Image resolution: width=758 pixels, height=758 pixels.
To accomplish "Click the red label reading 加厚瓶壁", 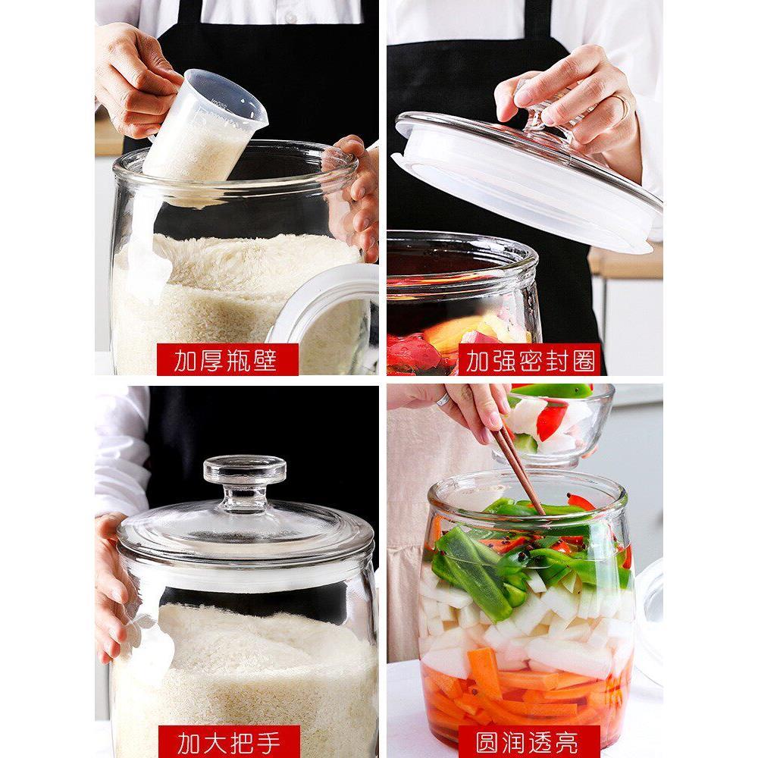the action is pyautogui.click(x=227, y=359).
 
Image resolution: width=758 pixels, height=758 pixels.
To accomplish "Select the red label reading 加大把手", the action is pyautogui.click(x=229, y=741).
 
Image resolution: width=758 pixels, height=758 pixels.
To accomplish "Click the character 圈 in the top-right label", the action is pyautogui.click(x=584, y=360).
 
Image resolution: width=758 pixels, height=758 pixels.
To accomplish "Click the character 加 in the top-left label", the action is pyautogui.click(x=185, y=360).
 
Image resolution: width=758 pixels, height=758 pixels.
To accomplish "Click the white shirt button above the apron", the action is pyautogui.click(x=290, y=17).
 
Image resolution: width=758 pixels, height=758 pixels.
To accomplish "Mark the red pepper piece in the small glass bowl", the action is pyautogui.click(x=551, y=420).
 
